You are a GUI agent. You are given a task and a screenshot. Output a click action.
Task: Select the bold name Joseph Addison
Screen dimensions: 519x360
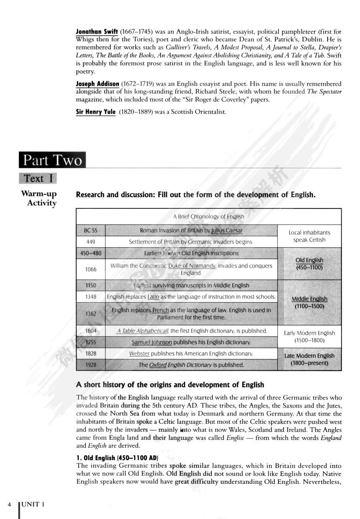(x=97, y=84)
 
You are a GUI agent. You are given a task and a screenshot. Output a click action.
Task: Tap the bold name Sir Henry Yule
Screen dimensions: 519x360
(x=96, y=112)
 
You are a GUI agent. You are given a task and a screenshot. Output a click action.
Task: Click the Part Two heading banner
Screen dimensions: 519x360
(x=52, y=161)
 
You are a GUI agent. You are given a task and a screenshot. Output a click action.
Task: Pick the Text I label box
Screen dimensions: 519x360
(x=38, y=178)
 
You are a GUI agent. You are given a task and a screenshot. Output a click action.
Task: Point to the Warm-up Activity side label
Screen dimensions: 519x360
(x=39, y=198)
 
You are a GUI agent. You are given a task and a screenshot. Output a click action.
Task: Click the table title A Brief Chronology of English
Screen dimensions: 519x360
(x=208, y=216)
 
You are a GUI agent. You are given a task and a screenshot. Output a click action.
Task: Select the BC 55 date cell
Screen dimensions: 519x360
(x=91, y=230)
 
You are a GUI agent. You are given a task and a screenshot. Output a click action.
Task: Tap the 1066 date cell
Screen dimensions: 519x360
(x=91, y=269)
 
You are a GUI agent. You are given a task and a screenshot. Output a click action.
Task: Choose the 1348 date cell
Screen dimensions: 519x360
(x=91, y=297)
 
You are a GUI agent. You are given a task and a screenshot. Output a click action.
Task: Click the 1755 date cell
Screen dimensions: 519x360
(x=91, y=342)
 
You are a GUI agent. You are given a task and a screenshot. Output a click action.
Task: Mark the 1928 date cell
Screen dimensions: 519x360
(x=91, y=365)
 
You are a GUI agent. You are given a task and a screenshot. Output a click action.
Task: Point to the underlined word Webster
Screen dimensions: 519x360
(x=139, y=354)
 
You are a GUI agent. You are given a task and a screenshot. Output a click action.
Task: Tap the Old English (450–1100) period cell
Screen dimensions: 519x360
(x=309, y=264)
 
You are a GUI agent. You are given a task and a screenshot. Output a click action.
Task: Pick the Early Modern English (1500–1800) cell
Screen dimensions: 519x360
(x=309, y=337)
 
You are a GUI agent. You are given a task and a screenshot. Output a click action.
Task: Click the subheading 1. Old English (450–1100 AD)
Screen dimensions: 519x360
(x=117, y=458)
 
